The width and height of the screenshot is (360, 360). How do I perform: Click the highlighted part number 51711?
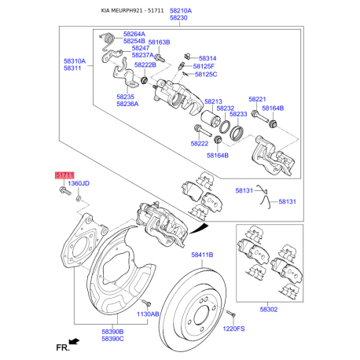tap(64, 175)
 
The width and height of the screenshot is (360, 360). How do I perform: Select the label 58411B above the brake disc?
tap(202, 255)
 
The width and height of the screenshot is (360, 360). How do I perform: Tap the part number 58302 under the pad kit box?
tap(269, 310)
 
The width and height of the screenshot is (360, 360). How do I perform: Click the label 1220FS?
tap(233, 329)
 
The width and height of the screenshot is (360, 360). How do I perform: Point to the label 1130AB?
tap(148, 314)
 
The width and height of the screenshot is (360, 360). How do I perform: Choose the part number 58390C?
tap(112, 339)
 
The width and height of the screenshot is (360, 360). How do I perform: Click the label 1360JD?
tap(79, 183)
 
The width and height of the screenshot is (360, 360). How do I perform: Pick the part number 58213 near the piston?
tap(213, 101)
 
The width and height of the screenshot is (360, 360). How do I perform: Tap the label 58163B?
tap(159, 42)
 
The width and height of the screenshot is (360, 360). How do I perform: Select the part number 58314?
tap(208, 58)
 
